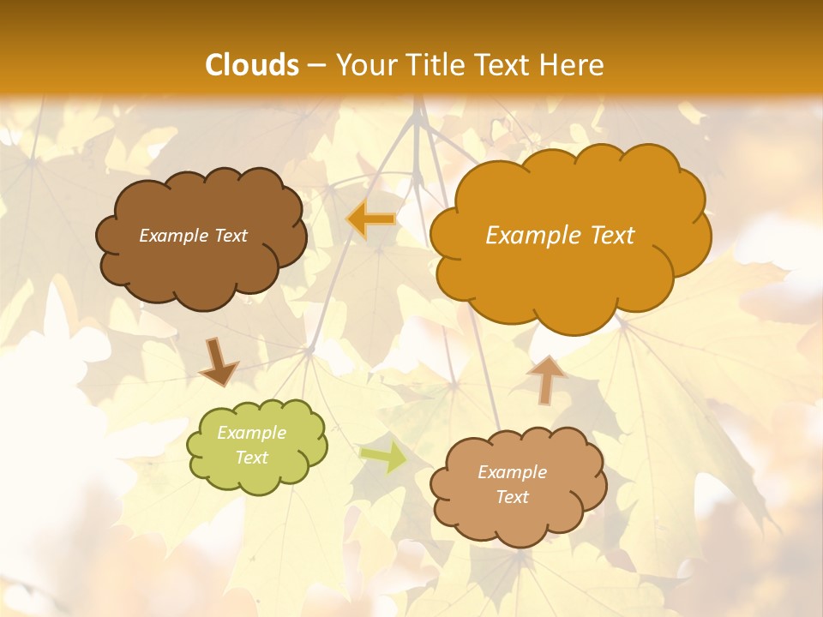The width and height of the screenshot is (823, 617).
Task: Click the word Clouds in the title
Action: [x=252, y=65]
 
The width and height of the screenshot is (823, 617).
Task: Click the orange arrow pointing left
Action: [x=371, y=220]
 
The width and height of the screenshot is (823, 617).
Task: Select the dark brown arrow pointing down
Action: [x=219, y=363]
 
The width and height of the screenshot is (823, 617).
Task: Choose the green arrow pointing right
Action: [x=383, y=457]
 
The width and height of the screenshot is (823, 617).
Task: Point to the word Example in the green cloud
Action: [x=251, y=433]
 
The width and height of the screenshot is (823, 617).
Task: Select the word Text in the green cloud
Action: [x=251, y=458]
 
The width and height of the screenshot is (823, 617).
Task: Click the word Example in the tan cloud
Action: [x=512, y=472]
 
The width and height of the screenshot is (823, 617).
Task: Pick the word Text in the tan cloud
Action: [x=512, y=497]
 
